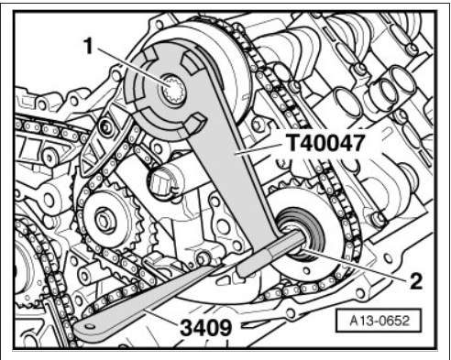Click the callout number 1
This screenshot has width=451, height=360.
click(x=88, y=47)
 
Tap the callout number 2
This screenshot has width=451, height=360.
click(x=415, y=281)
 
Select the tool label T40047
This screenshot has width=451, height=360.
click(x=325, y=143)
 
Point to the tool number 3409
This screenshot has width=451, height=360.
click(x=206, y=328)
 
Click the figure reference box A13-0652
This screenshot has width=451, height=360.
click(x=379, y=321)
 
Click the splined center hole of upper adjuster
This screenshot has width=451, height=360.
click(x=173, y=90)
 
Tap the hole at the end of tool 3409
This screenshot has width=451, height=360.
click(x=90, y=327)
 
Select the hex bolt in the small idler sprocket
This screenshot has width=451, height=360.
click(x=104, y=221)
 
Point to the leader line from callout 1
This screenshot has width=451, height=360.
click(x=131, y=67)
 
